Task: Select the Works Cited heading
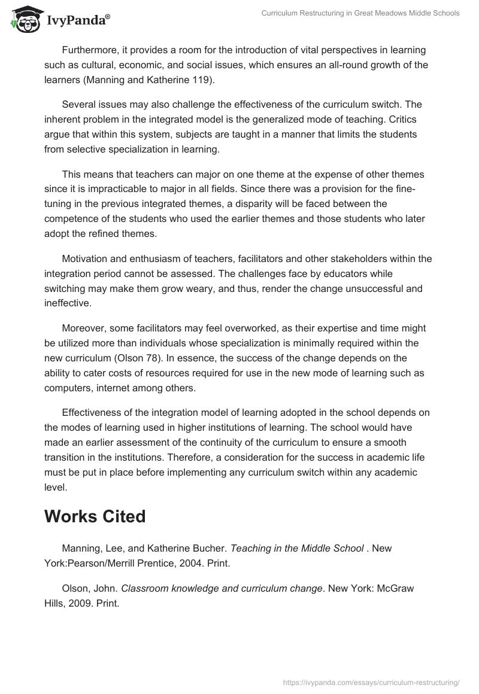pos(95,516)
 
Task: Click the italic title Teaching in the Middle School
pos(298,548)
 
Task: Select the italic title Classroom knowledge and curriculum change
pos(222,588)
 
